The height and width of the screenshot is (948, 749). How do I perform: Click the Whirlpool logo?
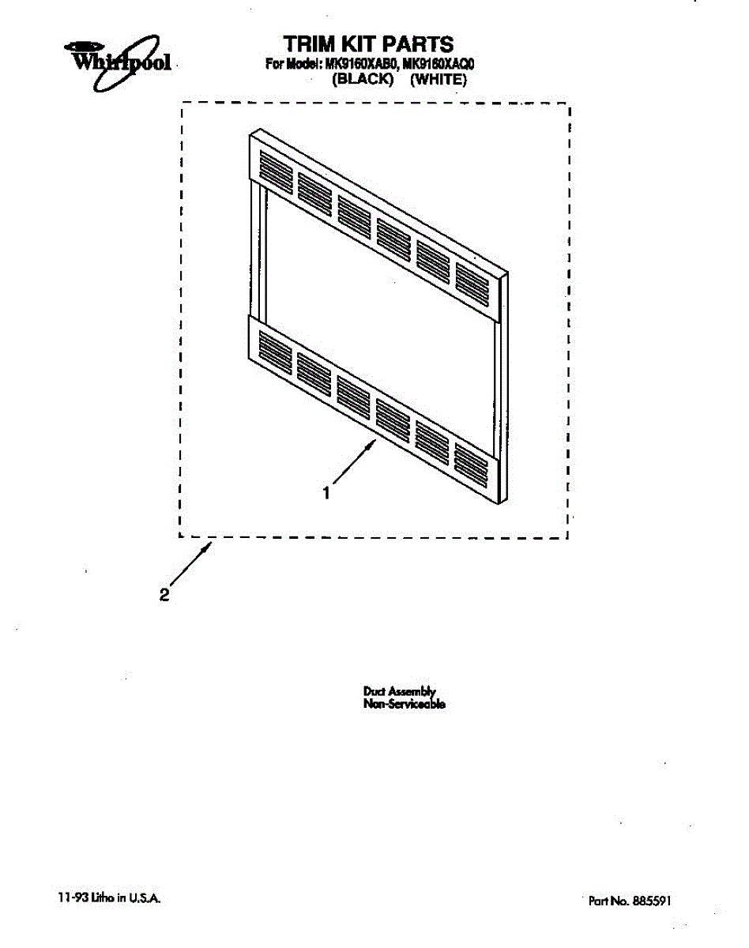(119, 58)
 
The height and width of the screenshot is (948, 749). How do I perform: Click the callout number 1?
(326, 493)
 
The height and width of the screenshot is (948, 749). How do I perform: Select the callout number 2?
(164, 595)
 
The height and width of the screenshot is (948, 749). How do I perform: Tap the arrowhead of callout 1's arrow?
(371, 446)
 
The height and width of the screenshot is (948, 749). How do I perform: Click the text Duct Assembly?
(399, 691)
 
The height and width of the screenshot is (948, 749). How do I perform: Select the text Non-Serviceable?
(404, 704)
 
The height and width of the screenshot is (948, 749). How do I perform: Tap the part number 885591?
(653, 900)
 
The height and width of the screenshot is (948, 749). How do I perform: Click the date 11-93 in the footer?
(71, 898)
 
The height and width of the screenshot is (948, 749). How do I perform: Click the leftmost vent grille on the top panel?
(275, 170)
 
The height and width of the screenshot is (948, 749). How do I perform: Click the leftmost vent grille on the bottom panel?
(274, 348)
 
